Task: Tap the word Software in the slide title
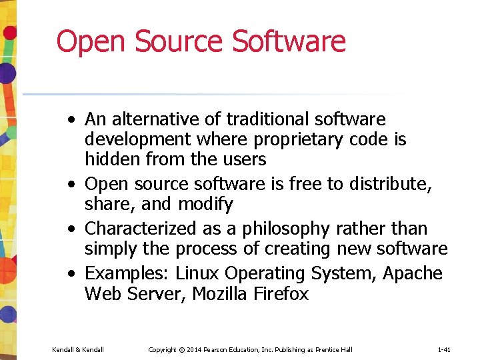289,41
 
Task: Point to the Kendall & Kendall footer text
78,349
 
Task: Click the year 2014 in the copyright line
193,349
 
